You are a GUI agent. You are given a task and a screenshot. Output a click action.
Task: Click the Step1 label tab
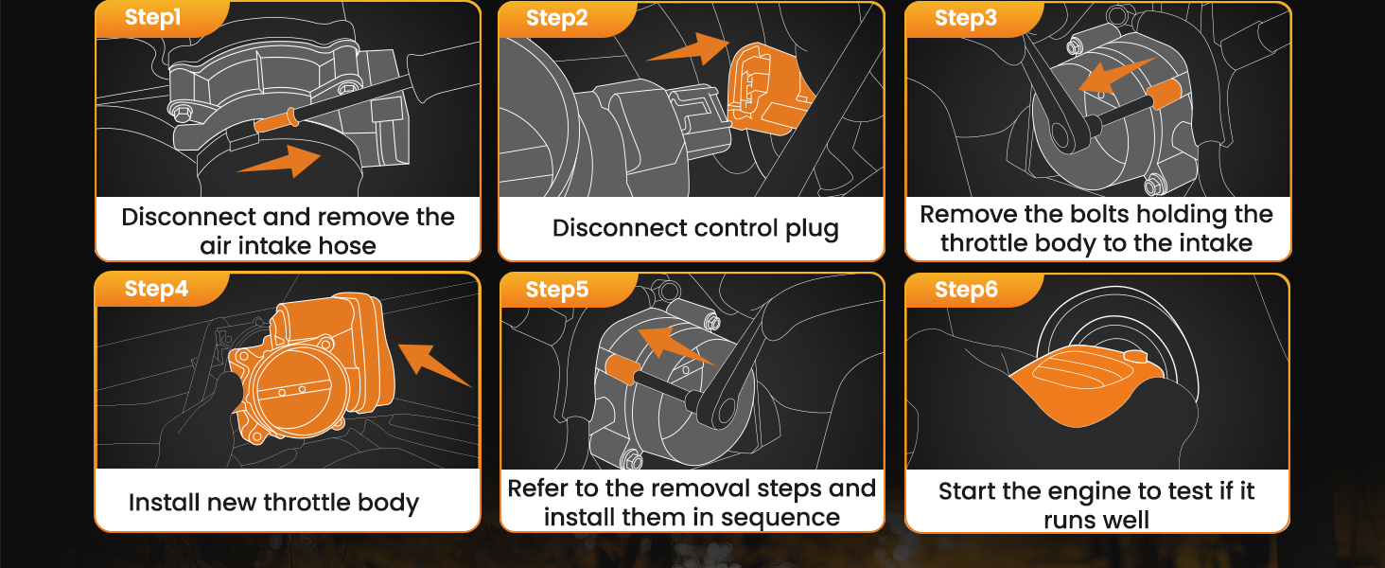[x=152, y=18]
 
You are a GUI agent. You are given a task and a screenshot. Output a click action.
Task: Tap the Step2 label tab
[x=556, y=18]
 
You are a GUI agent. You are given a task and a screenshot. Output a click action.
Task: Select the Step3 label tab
[x=965, y=18]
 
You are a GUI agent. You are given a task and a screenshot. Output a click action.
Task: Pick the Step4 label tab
[x=156, y=289]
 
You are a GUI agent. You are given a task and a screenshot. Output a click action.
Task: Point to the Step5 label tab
[x=556, y=290]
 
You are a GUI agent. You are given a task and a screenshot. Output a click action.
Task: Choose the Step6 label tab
[x=966, y=290]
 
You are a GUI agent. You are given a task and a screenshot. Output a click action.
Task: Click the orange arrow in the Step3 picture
[x=1115, y=76]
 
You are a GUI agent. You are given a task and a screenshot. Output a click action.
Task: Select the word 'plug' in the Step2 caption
[x=812, y=228]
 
